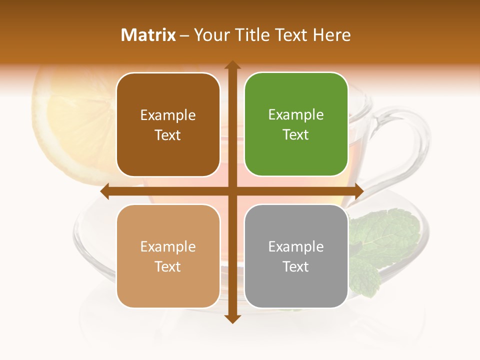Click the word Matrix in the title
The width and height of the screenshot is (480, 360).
click(148, 35)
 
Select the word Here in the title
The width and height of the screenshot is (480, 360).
click(331, 35)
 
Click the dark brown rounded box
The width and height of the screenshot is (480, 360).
click(168, 124)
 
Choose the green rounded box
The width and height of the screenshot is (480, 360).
click(296, 124)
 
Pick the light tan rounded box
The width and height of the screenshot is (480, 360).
click(168, 256)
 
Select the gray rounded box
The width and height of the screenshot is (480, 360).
click(296, 256)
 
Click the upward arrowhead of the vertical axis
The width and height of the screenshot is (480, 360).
click(232, 65)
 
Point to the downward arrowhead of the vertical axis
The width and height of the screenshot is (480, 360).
click(232, 318)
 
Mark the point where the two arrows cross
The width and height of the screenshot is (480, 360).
click(232, 191)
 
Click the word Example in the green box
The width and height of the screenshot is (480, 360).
click(296, 114)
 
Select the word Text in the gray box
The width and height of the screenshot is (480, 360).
click(296, 266)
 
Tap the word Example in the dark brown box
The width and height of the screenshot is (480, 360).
click(168, 115)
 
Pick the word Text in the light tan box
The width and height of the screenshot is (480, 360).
click(168, 266)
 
